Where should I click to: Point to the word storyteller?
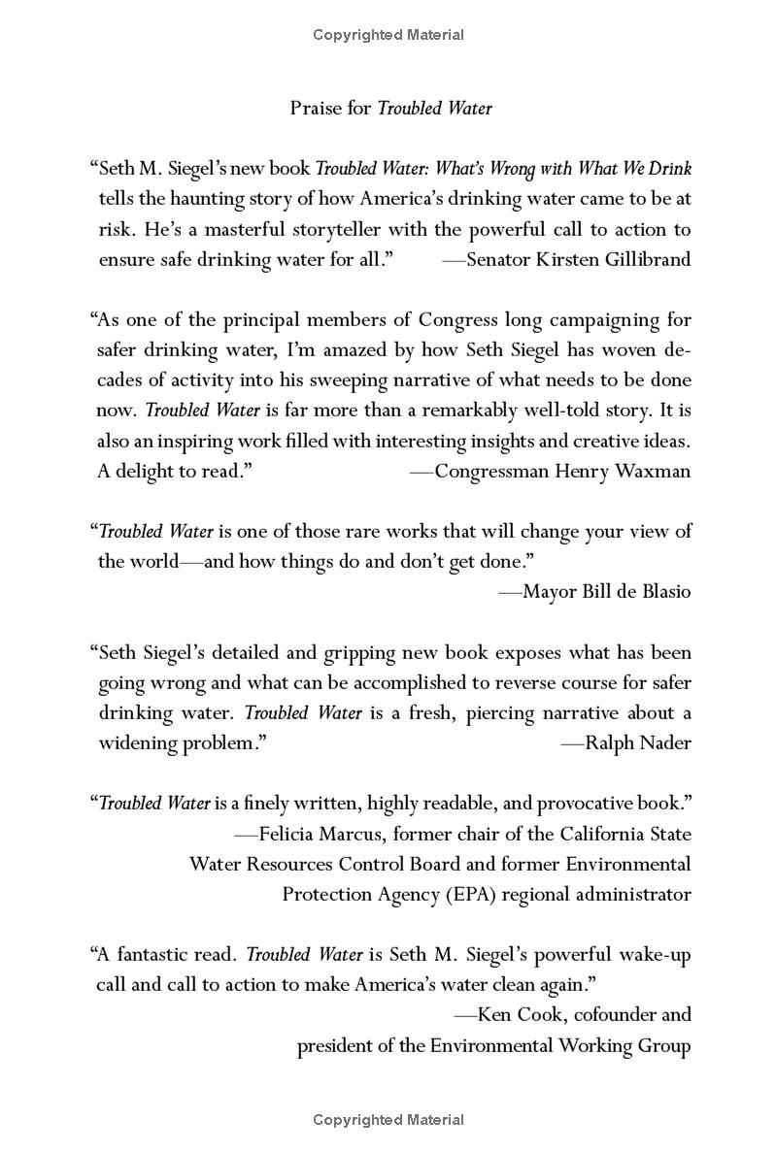click(x=407, y=229)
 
